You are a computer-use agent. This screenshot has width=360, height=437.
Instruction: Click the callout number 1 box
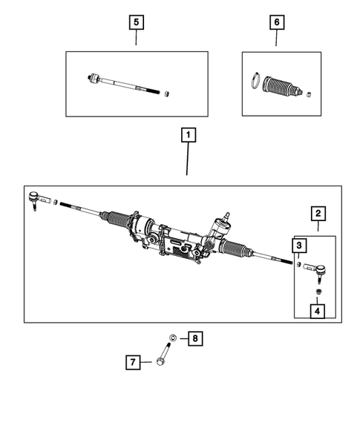(x=189, y=136)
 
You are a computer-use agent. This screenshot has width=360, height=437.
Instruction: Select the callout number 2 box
(x=318, y=214)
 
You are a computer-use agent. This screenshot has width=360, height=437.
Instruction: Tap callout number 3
(x=298, y=246)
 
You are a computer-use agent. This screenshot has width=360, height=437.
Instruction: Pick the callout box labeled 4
(x=317, y=312)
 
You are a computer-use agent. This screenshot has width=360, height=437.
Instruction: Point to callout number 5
(x=136, y=22)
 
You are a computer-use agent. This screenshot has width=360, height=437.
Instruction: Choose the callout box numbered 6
(x=276, y=22)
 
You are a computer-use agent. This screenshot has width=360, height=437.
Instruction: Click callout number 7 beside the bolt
(x=134, y=362)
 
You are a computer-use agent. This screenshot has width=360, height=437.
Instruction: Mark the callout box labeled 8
(x=194, y=339)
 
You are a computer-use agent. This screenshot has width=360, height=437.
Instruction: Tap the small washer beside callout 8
(x=172, y=339)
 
